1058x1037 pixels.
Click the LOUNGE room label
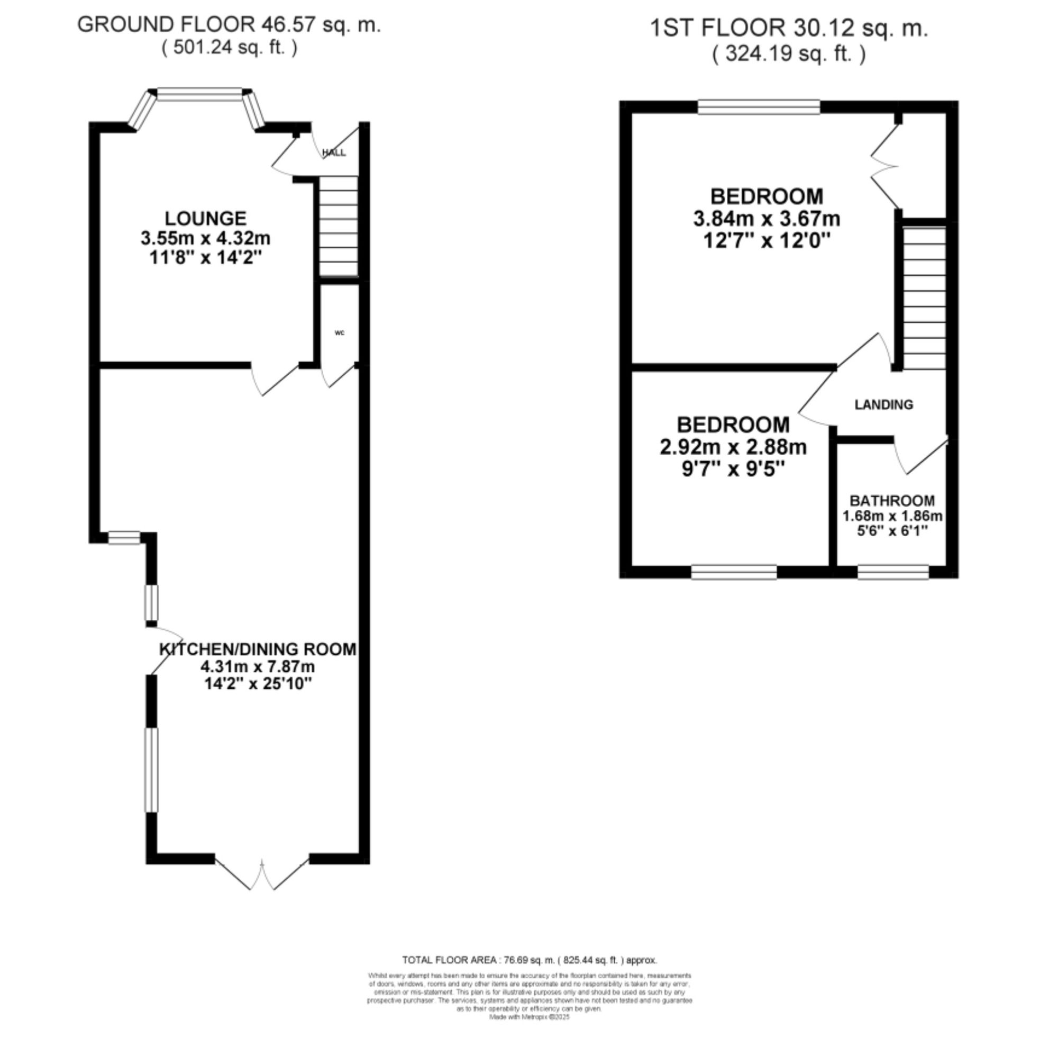(x=205, y=219)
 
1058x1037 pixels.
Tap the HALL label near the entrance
(x=334, y=152)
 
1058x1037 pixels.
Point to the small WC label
(x=339, y=333)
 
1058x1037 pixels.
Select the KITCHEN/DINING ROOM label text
(x=258, y=649)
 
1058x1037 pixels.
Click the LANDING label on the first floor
(x=883, y=404)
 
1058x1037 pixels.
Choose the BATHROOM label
(x=892, y=501)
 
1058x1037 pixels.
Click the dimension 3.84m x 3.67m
(x=767, y=219)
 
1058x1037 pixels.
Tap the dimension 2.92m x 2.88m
(x=733, y=447)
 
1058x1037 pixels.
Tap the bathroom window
(x=893, y=572)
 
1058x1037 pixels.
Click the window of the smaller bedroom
(x=734, y=572)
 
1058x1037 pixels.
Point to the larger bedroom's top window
(x=759, y=107)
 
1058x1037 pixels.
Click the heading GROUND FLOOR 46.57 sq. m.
(x=229, y=25)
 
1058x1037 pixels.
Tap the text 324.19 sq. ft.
(x=789, y=54)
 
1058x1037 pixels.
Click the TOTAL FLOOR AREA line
(x=529, y=960)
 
